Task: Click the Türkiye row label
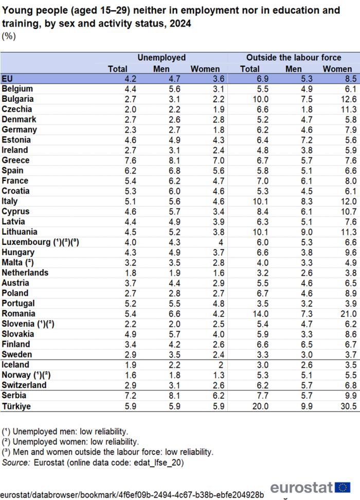[16, 405]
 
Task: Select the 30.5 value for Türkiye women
[348, 405]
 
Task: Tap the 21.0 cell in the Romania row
[348, 313]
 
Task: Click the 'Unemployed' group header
[161, 58]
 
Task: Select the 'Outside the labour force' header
[294, 58]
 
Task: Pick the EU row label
[8, 79]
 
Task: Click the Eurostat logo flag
[343, 487]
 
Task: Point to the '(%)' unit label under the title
[9, 36]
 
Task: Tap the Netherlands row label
[25, 273]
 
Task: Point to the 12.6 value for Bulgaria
[348, 99]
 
